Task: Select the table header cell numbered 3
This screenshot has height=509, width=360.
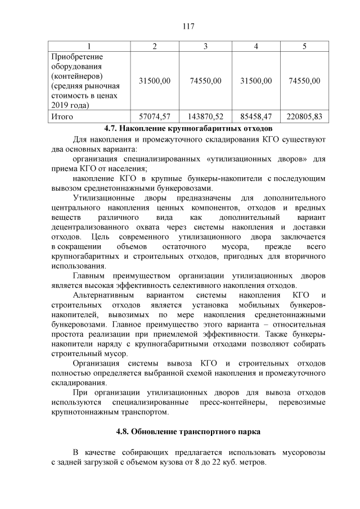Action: pyautogui.click(x=205, y=46)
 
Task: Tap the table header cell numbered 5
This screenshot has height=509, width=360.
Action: pyautogui.click(x=304, y=46)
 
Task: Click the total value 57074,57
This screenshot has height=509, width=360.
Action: pyautogui.click(x=154, y=117)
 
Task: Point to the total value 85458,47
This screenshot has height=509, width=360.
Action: pyautogui.click(x=256, y=117)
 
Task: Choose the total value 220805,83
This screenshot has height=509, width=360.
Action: pyautogui.click(x=304, y=117)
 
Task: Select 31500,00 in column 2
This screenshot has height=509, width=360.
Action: pyautogui.click(x=154, y=81)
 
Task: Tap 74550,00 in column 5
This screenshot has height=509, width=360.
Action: pyautogui.click(x=304, y=81)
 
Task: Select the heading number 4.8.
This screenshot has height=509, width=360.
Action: pyautogui.click(x=124, y=432)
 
